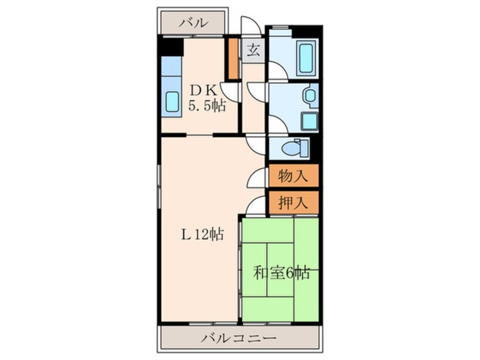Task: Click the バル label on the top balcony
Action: coord(193,23)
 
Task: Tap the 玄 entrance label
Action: coord(254,50)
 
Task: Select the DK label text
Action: coord(203,89)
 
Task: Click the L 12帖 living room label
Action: coord(201,233)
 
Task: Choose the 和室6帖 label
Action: coord(281,273)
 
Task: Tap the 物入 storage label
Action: coord(293,176)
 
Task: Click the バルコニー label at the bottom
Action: coord(239,339)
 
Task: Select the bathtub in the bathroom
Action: coord(306,58)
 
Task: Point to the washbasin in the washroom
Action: coord(310,95)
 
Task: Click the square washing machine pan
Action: coord(310,121)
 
